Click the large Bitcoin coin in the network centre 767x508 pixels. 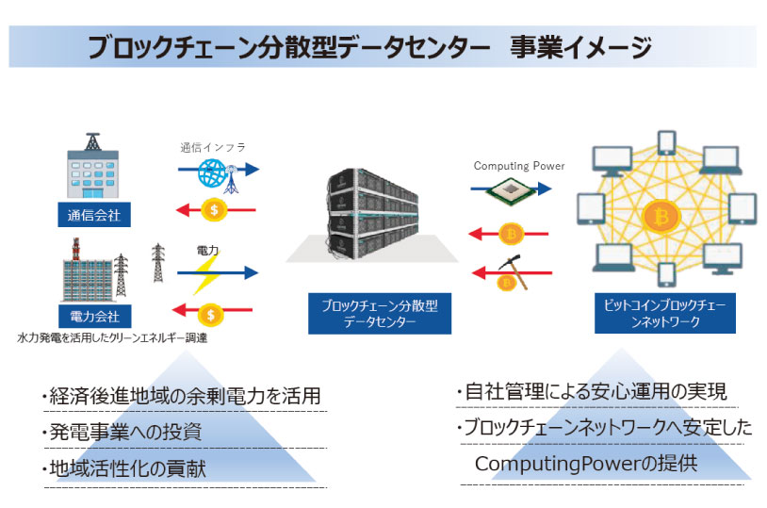click(661, 216)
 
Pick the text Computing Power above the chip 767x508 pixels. click(519, 166)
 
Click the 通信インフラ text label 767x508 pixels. click(212, 147)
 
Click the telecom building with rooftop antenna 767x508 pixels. click(91, 169)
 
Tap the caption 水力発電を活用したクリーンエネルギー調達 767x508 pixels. click(112, 336)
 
